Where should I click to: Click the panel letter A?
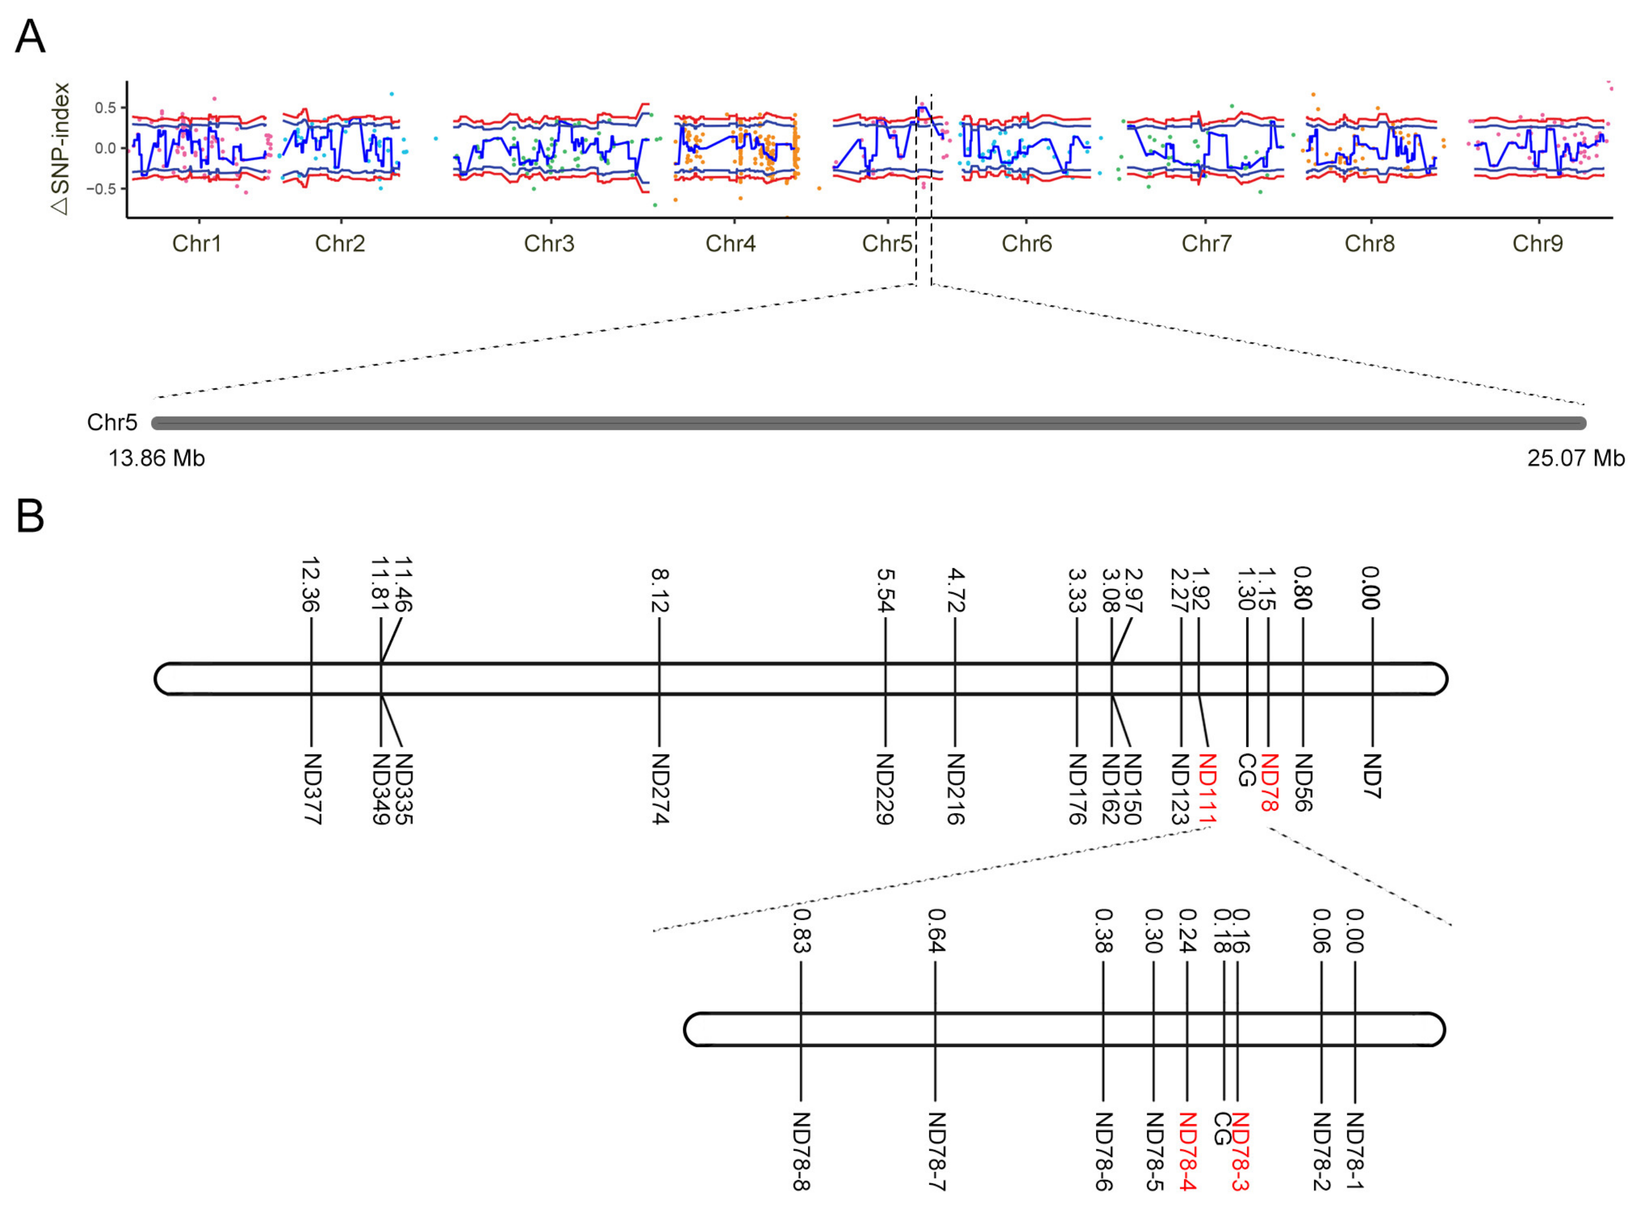30,37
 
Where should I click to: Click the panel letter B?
30,516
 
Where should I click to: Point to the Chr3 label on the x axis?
549,243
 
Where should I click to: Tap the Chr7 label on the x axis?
1206,243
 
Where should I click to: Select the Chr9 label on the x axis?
1537,243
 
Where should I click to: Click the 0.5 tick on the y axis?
105,108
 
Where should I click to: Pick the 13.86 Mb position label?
156,459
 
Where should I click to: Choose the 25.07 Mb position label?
1575,459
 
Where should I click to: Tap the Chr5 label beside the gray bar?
111,422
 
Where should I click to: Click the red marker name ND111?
1207,791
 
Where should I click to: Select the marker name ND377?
312,789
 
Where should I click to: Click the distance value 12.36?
311,584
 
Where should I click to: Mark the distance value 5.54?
886,589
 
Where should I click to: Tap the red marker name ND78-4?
1187,1151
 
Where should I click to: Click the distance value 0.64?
935,930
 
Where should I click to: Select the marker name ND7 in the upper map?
1371,776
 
